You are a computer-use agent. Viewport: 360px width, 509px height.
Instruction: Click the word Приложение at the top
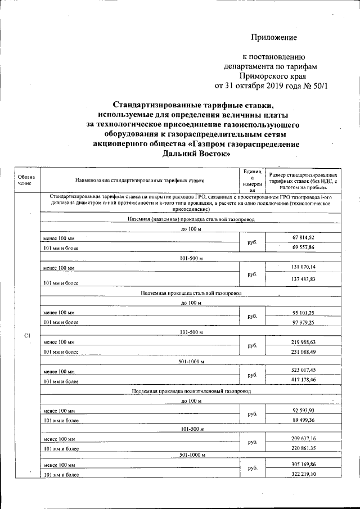(273, 38)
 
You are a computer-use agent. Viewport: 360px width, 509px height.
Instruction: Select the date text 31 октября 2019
(259, 86)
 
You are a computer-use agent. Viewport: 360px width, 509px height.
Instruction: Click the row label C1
(27, 336)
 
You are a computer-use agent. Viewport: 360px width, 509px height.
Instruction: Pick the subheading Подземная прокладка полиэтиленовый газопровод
(191, 390)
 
